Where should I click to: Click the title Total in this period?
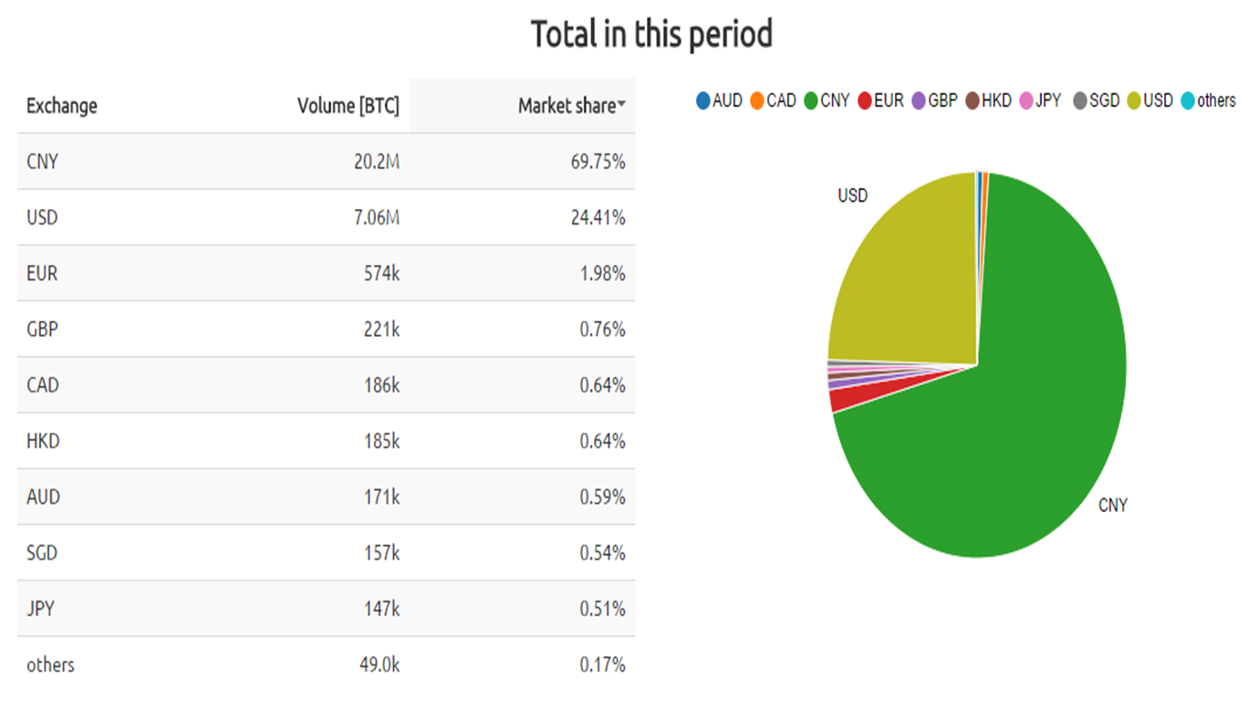coord(651,35)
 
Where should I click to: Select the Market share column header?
coord(567,106)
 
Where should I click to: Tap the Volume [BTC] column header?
coord(348,106)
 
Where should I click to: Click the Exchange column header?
coord(61,106)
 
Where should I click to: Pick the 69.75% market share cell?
coord(601,162)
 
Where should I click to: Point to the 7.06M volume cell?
coord(376,218)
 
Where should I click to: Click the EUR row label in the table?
coord(42,274)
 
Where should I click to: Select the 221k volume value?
coord(381,330)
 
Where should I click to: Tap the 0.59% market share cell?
coord(602,497)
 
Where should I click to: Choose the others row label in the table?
coord(50,664)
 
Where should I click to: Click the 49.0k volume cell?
coord(380,664)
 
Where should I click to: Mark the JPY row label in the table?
coord(41,609)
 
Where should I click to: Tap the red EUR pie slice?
coord(844,398)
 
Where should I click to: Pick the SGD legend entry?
coord(1096,101)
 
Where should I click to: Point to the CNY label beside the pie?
coord(1112,505)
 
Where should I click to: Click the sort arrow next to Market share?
coord(622,106)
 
